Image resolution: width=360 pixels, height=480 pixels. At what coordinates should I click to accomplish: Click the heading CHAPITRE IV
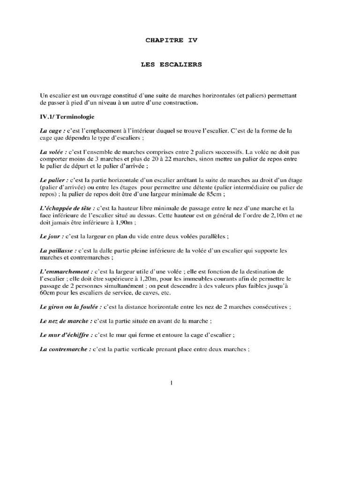(172, 40)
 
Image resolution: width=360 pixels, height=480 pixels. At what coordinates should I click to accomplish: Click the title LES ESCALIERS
(172, 65)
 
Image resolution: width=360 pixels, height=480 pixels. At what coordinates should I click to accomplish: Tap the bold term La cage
(52, 131)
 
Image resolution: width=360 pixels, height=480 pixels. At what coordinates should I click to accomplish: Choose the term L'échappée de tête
(67, 208)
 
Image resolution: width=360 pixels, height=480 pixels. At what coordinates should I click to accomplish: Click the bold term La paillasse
(58, 251)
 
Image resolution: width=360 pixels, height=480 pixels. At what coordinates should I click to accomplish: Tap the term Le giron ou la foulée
(70, 307)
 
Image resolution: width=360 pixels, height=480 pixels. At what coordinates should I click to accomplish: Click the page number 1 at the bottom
(172, 383)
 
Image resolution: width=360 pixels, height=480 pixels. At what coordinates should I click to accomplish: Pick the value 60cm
(48, 292)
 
